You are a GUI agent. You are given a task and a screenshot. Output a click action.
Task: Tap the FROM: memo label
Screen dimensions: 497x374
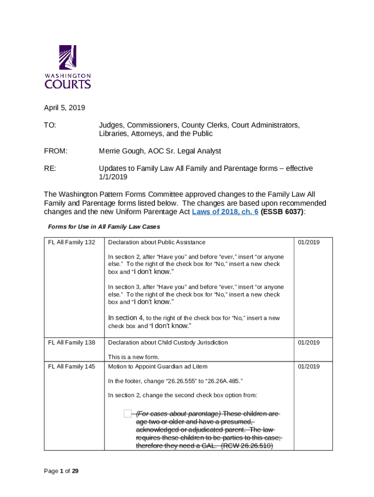click(x=56, y=151)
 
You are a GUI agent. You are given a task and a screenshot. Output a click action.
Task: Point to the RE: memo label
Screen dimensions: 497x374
click(x=50, y=168)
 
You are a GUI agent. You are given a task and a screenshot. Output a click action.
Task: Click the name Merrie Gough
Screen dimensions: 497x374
click(x=122, y=151)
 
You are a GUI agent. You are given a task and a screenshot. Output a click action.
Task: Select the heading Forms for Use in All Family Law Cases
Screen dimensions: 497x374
click(x=104, y=227)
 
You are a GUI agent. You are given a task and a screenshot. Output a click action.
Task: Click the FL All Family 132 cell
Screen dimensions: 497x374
click(x=71, y=242)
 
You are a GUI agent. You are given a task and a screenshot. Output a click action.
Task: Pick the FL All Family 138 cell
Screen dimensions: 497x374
click(x=71, y=343)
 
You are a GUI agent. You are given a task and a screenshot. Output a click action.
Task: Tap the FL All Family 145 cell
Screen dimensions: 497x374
click(x=71, y=366)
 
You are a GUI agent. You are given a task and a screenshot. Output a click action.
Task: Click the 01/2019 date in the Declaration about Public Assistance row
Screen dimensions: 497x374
click(x=308, y=242)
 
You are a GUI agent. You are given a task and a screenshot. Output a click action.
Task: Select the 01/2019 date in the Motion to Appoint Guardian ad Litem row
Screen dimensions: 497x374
click(x=308, y=366)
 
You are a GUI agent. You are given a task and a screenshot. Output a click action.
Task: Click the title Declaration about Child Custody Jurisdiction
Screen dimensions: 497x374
click(x=168, y=343)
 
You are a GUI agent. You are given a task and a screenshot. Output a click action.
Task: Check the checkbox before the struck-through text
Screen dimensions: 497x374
click(x=127, y=414)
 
